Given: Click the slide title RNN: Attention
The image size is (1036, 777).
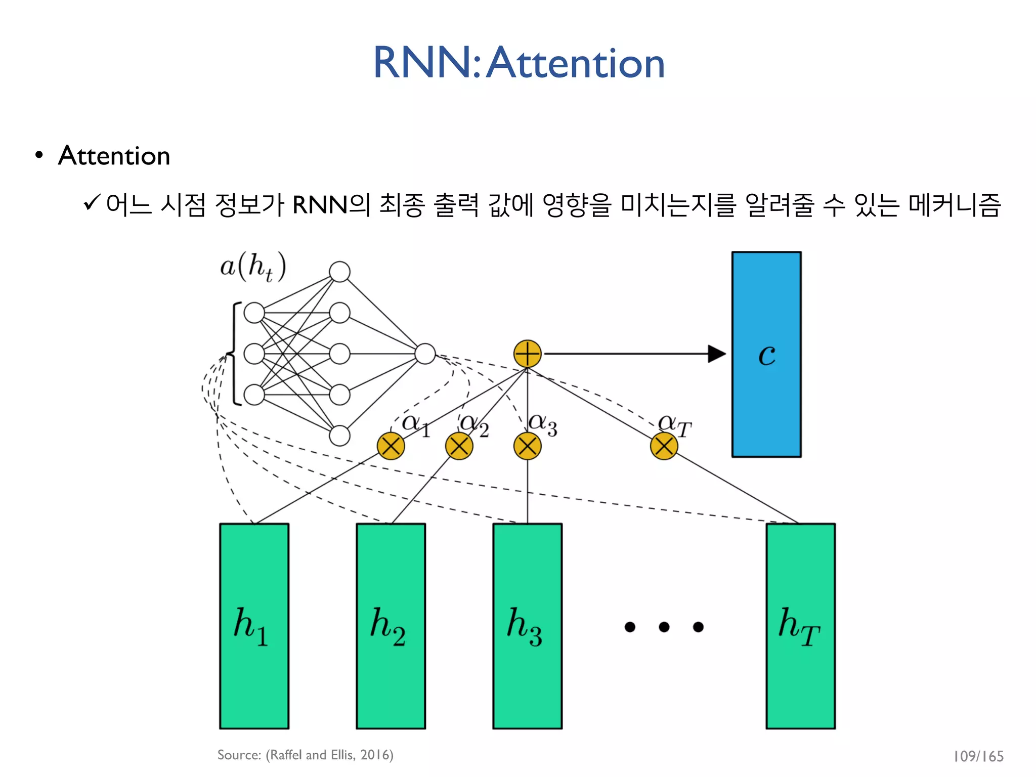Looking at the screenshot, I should tap(519, 63).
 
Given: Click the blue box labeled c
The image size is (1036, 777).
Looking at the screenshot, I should tap(766, 354).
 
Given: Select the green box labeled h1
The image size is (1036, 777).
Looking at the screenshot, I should tap(254, 626).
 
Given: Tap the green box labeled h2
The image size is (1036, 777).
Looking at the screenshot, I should tap(391, 626).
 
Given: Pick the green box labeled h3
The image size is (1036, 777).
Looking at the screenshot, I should tap(527, 626).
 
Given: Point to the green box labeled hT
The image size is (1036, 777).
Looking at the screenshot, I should tap(800, 626).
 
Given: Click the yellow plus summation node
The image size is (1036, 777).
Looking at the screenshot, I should tap(527, 354).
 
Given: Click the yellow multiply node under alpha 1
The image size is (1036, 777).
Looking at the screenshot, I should tap(391, 446).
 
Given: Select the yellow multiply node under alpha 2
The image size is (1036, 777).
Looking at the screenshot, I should tap(459, 446).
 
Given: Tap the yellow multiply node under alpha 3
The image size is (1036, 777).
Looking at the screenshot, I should tap(527, 446).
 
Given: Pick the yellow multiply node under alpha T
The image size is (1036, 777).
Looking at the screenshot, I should tap(664, 446).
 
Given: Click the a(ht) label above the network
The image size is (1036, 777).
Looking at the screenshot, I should tap(253, 267).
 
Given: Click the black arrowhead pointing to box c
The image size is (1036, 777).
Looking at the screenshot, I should tap(716, 354).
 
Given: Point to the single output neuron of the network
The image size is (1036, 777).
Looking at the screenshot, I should tap(425, 354).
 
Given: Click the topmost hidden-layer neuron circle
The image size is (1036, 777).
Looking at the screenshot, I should tap(339, 272).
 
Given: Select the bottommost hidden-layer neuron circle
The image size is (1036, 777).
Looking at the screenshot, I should tap(339, 436).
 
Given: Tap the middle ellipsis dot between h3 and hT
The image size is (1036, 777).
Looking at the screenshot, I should tap(664, 627).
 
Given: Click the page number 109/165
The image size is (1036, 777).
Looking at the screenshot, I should tap(978, 756).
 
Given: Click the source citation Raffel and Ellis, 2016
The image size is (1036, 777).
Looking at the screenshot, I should tap(305, 755).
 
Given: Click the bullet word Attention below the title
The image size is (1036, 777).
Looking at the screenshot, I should tap(114, 155).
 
